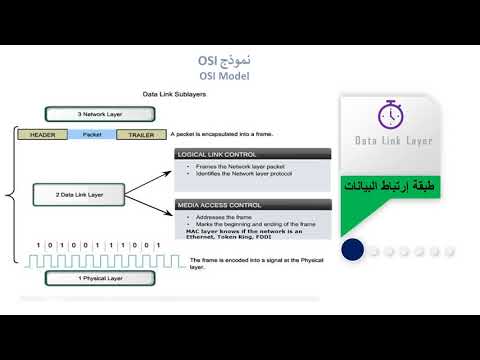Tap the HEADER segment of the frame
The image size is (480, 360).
click(43, 134)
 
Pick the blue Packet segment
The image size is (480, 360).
click(92, 134)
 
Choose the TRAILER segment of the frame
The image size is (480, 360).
click(141, 134)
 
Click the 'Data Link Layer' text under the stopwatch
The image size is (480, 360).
click(394, 142)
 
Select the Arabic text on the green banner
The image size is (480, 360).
click(394, 188)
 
